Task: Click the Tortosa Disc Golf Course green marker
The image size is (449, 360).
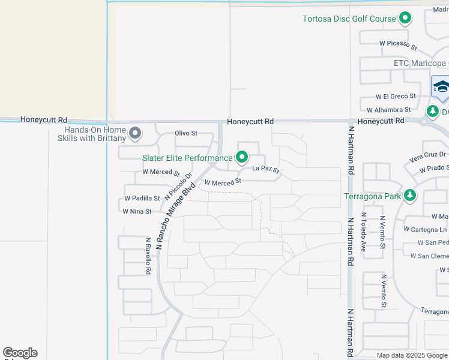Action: [x=405, y=19]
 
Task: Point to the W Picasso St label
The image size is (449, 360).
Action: [x=398, y=43]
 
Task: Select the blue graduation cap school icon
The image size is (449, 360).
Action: [x=441, y=86]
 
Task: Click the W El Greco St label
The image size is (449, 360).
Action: [x=396, y=96]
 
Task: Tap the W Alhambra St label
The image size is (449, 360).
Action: [x=389, y=110]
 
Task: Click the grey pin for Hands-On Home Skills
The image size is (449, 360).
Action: [x=135, y=133]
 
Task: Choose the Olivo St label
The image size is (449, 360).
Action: [x=186, y=133]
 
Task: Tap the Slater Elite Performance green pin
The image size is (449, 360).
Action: [x=242, y=158]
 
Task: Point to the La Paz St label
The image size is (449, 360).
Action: [x=266, y=170]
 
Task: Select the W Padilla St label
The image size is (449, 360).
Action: [x=142, y=198]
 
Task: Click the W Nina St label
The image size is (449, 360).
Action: [x=137, y=211]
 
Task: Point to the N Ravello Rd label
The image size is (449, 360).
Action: [x=148, y=256]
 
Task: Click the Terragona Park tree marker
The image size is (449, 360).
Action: [x=410, y=196]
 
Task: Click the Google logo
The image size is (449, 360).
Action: [x=20, y=353]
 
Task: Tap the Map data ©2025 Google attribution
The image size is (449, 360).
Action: [x=411, y=355]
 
